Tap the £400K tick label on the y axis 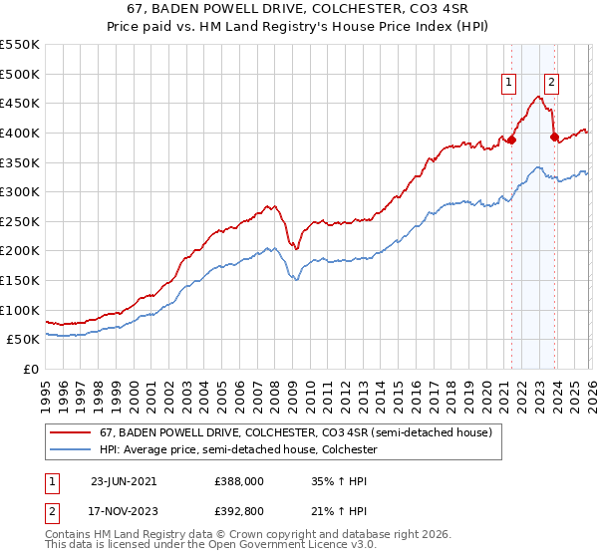pyautogui.click(x=20, y=133)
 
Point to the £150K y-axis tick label pyautogui.click(x=20, y=281)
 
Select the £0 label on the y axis pyautogui.click(x=31, y=370)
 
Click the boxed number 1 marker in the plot pyautogui.click(x=509, y=83)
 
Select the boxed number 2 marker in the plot pyautogui.click(x=551, y=83)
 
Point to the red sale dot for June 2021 pyautogui.click(x=512, y=140)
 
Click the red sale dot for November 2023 pyautogui.click(x=554, y=138)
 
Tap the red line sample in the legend pyautogui.click(x=72, y=433)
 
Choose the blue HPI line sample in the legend pyautogui.click(x=72, y=450)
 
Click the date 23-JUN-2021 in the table pyautogui.click(x=124, y=480)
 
